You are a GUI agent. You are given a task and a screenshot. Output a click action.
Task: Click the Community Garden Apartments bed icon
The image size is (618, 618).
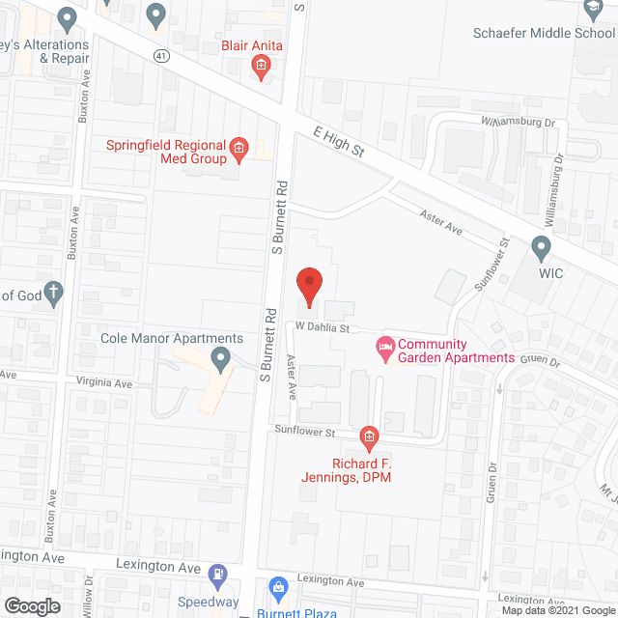(x=385, y=345)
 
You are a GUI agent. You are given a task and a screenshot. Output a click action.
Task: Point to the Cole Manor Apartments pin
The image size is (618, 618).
(x=222, y=362)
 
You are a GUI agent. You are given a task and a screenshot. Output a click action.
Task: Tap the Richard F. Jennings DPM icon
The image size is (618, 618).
(x=368, y=439)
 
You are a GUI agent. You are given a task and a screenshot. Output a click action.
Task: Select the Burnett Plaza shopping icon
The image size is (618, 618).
(x=278, y=587)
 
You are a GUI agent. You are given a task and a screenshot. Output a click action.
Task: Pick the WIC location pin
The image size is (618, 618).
(x=541, y=249)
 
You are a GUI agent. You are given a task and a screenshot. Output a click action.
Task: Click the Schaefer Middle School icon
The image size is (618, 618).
(x=592, y=11)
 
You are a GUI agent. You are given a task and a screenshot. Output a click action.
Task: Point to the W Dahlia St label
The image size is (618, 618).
(x=322, y=327)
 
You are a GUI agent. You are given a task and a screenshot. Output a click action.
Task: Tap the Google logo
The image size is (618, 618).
(x=31, y=606)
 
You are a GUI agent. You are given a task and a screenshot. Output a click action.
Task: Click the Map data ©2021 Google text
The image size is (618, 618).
(x=557, y=609)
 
